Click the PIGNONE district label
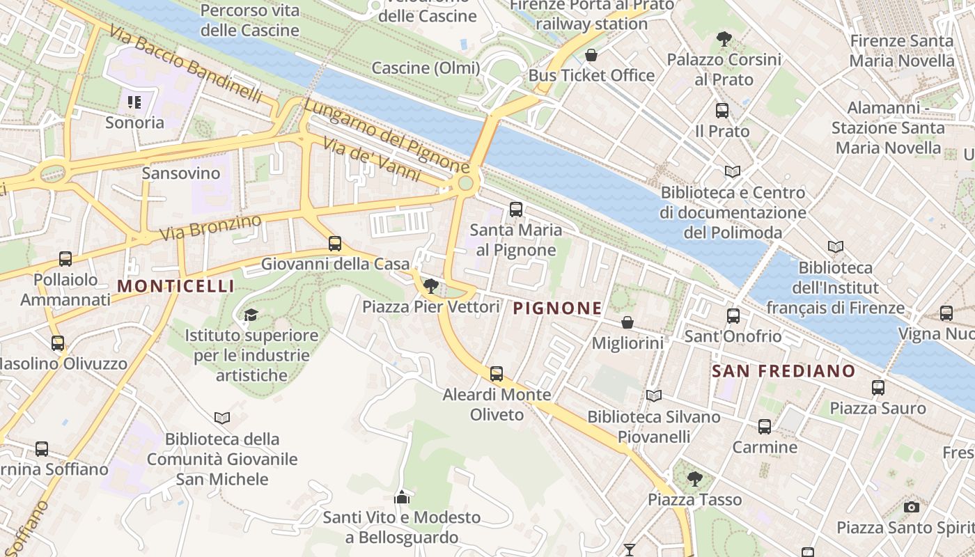tap(557, 308)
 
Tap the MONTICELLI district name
tap(175, 286)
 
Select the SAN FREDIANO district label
tap(783, 371)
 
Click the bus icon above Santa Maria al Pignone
tap(516, 209)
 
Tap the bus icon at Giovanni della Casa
tap(335, 244)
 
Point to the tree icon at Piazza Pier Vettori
tap(431, 285)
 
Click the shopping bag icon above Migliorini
tap(627, 322)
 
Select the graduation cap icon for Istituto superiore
tap(251, 315)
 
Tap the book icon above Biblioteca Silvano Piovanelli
tap(653, 396)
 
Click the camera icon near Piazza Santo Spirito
tap(911, 507)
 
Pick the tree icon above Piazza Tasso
tap(694, 478)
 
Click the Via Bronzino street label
tap(210, 228)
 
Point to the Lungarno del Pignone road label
tap(387, 136)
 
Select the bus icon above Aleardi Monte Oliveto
tap(497, 374)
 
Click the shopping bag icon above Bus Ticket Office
tap(591, 55)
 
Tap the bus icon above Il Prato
tap(722, 110)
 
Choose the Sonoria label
tap(134, 123)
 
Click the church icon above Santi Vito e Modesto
tap(402, 497)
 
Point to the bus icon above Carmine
tap(765, 426)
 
